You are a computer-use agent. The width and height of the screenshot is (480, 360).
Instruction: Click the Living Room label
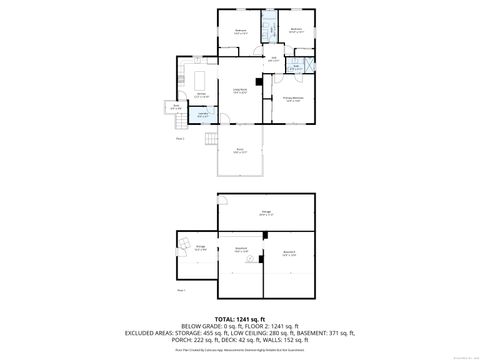point(241,91)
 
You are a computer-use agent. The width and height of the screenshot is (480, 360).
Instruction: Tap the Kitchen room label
point(201,96)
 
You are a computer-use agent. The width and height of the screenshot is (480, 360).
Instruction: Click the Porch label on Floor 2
point(241,151)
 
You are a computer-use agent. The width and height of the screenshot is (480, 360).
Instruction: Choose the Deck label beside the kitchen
point(176,106)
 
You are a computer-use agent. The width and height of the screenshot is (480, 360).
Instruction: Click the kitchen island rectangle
point(201,77)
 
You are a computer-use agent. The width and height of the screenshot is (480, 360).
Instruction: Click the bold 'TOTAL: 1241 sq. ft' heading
point(240,319)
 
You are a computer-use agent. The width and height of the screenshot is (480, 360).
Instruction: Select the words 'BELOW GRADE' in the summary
point(198,326)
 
